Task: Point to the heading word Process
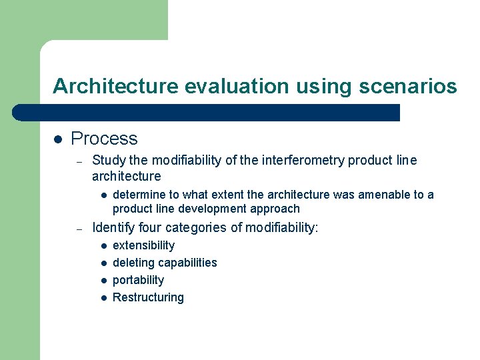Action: point(104,139)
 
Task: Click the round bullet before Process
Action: point(58,139)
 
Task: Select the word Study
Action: point(108,160)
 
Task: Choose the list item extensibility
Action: point(144,245)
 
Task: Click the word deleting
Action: point(134,263)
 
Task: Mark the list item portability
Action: point(138,280)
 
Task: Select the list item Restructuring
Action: point(148,297)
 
